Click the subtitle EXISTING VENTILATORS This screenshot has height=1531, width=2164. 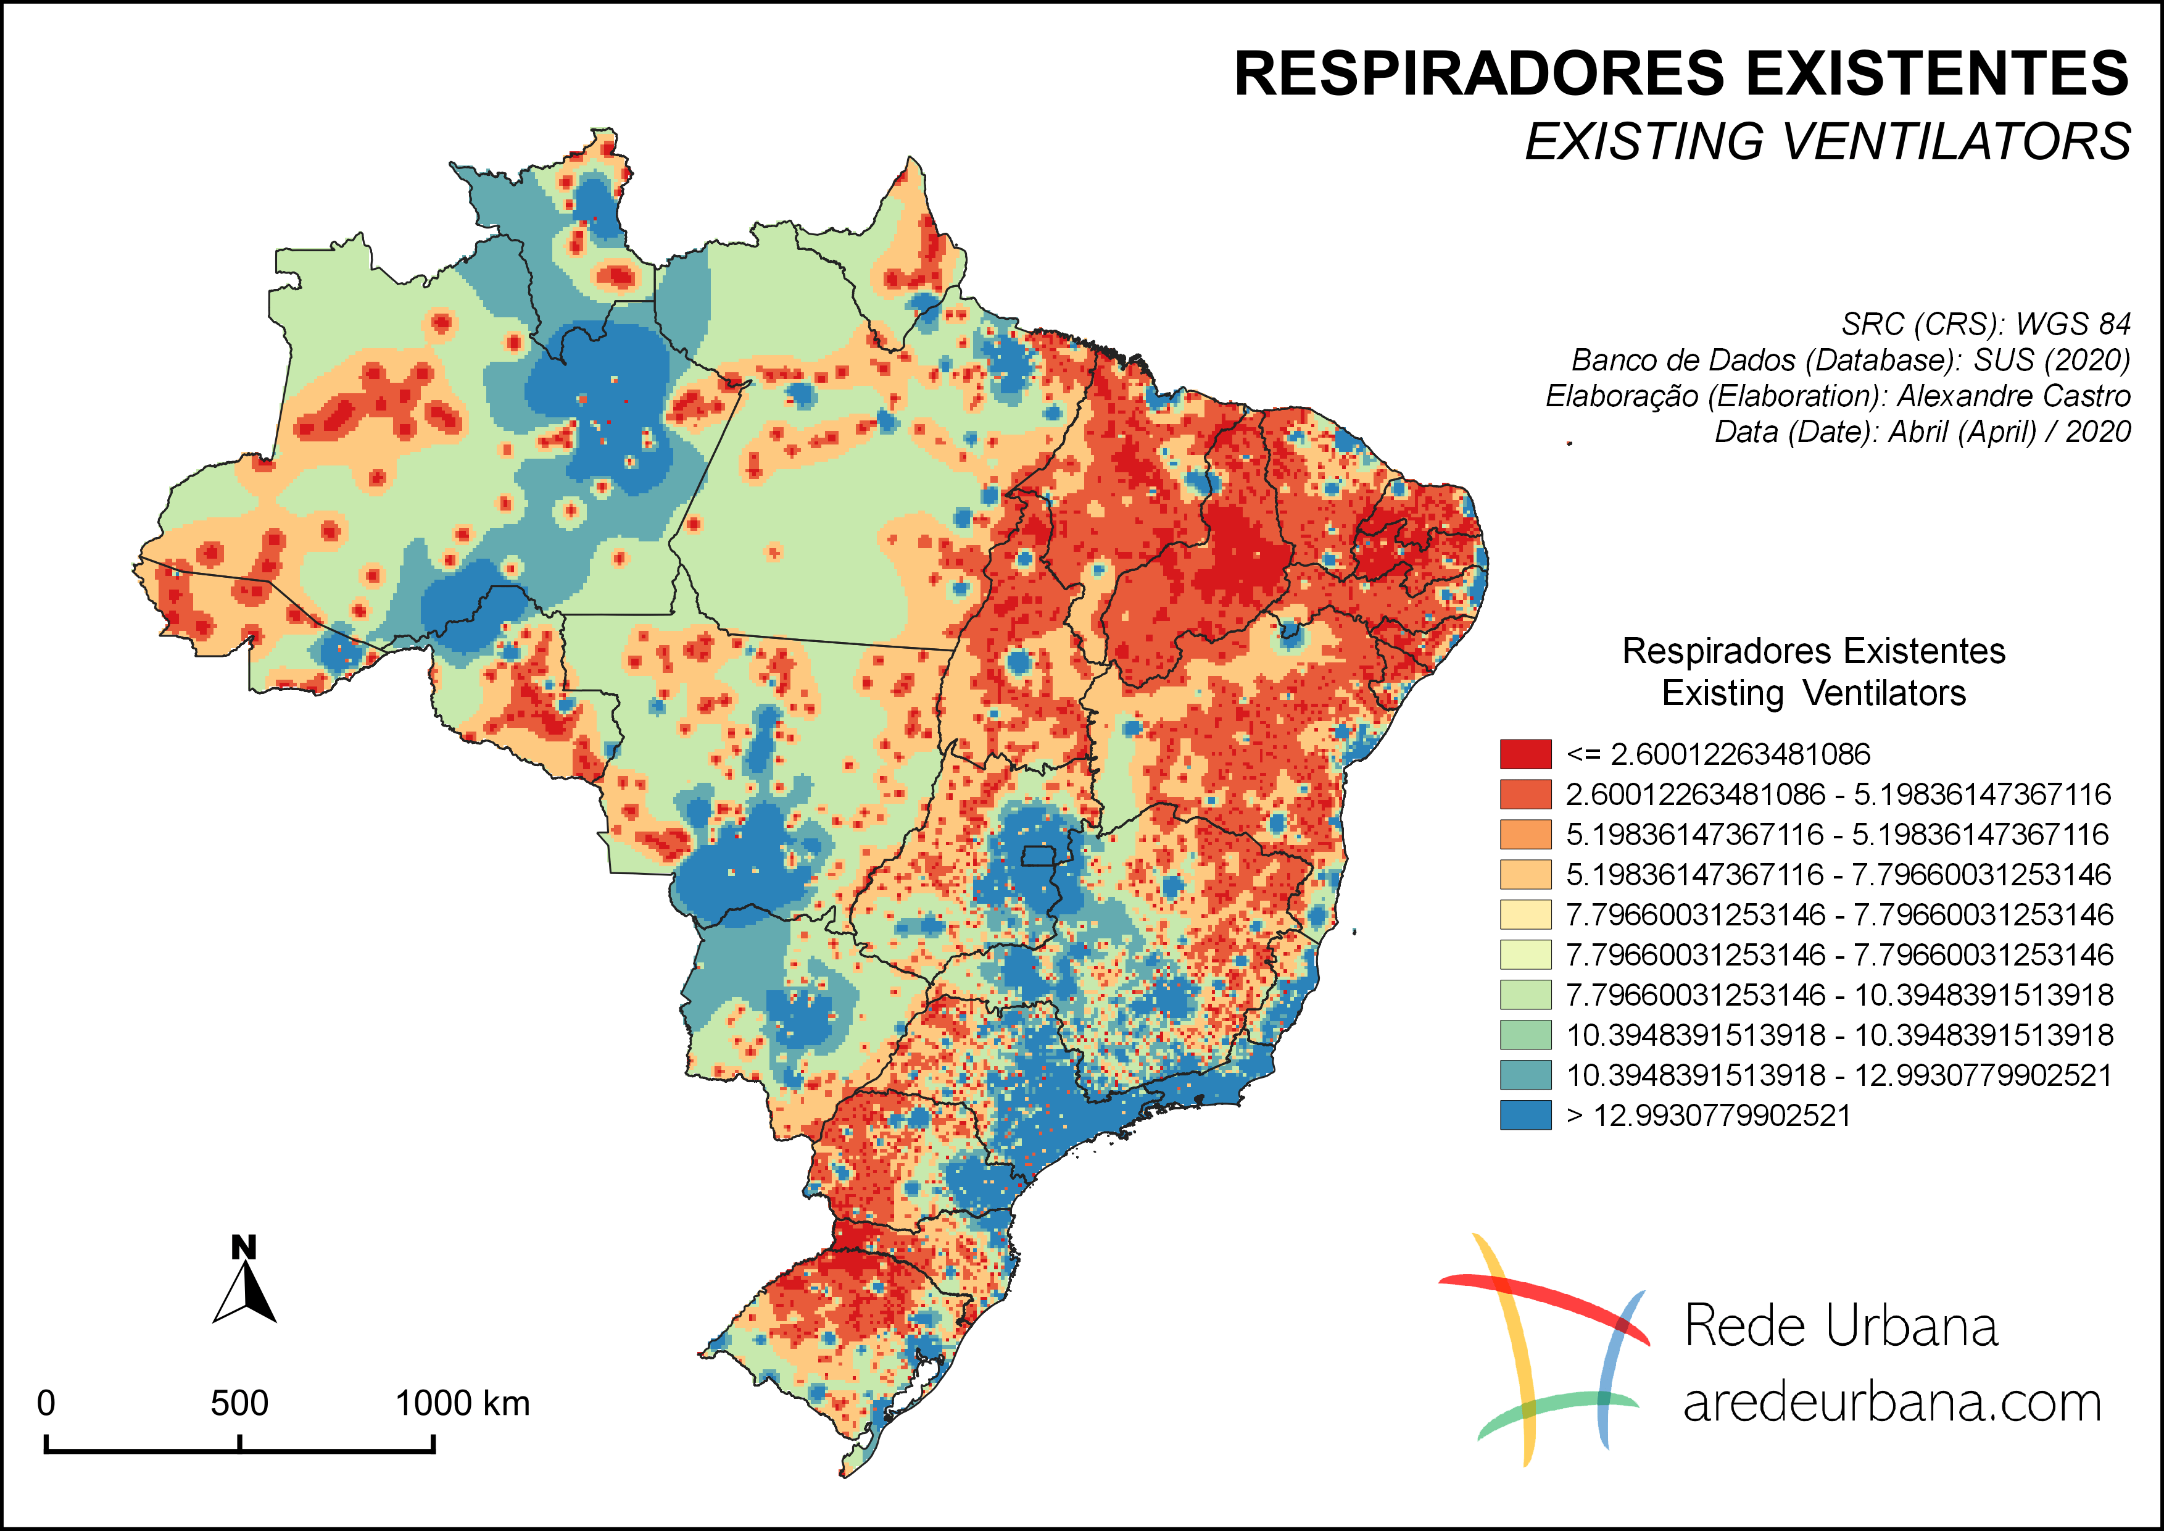tap(1826, 143)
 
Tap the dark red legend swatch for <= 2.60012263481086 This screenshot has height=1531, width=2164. tap(1525, 754)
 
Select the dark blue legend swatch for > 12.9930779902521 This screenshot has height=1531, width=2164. tap(1525, 1116)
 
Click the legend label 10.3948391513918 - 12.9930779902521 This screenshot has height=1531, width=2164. tap(1839, 1075)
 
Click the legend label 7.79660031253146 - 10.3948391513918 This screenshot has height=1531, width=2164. tap(1839, 995)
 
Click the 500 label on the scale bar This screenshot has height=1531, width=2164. tap(239, 1404)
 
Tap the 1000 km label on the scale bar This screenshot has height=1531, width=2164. tap(462, 1404)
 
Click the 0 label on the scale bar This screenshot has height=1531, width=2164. tap(45, 1404)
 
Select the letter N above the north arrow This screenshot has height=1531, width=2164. tap(244, 1247)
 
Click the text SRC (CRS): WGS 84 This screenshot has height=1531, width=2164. tap(1985, 324)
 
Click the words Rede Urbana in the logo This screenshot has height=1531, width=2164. tap(1840, 1327)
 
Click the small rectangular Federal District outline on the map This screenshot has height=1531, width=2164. tap(1040, 856)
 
